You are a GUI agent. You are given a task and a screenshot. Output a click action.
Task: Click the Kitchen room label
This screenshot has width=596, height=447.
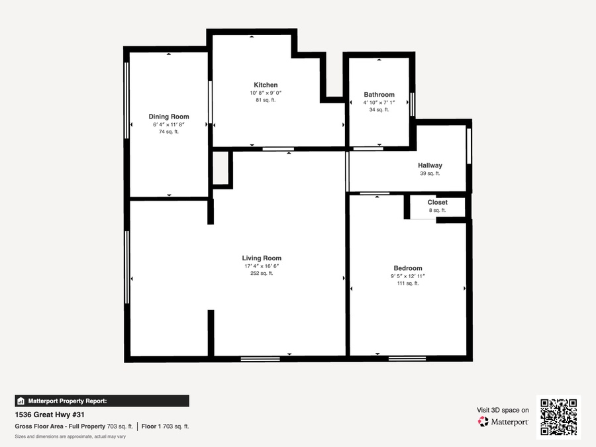[266, 85]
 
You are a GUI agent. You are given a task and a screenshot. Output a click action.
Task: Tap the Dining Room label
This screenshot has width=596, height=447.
[169, 117]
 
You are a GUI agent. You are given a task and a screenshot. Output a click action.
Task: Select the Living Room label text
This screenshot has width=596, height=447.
[262, 258]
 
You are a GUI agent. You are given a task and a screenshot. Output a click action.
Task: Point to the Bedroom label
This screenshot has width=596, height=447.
[408, 268]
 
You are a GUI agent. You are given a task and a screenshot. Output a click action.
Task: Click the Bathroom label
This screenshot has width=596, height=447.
[379, 95]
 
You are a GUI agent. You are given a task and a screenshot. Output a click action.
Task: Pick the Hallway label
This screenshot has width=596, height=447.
[430, 166]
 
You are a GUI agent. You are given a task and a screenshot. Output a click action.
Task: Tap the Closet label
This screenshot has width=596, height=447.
[438, 202]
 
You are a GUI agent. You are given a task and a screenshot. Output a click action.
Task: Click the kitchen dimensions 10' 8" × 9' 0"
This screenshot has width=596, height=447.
[266, 93]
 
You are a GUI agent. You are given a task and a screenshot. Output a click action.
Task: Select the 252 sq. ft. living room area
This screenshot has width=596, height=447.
[262, 273]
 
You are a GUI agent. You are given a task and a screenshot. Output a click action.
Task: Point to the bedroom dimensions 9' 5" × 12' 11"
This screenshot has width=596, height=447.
[408, 276]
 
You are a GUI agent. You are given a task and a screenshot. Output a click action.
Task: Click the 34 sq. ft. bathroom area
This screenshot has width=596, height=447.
[379, 110]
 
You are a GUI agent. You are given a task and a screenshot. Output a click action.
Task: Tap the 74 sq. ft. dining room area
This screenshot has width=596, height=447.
[169, 132]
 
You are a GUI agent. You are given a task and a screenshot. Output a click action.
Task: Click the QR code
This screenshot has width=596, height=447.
[559, 417]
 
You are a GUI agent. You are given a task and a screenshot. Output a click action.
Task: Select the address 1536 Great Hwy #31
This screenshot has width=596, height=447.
[50, 415]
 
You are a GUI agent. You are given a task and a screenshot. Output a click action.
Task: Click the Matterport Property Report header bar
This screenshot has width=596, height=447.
[102, 401]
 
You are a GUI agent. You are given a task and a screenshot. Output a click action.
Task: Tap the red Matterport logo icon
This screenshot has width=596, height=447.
[483, 422]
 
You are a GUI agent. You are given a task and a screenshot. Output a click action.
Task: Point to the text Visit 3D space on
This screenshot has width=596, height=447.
[503, 410]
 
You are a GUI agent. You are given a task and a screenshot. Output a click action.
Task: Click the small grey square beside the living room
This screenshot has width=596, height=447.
[220, 168]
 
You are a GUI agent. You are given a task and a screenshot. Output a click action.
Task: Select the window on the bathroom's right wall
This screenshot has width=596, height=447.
[413, 103]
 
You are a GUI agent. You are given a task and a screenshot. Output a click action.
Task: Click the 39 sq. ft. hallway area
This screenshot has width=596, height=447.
[430, 174]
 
